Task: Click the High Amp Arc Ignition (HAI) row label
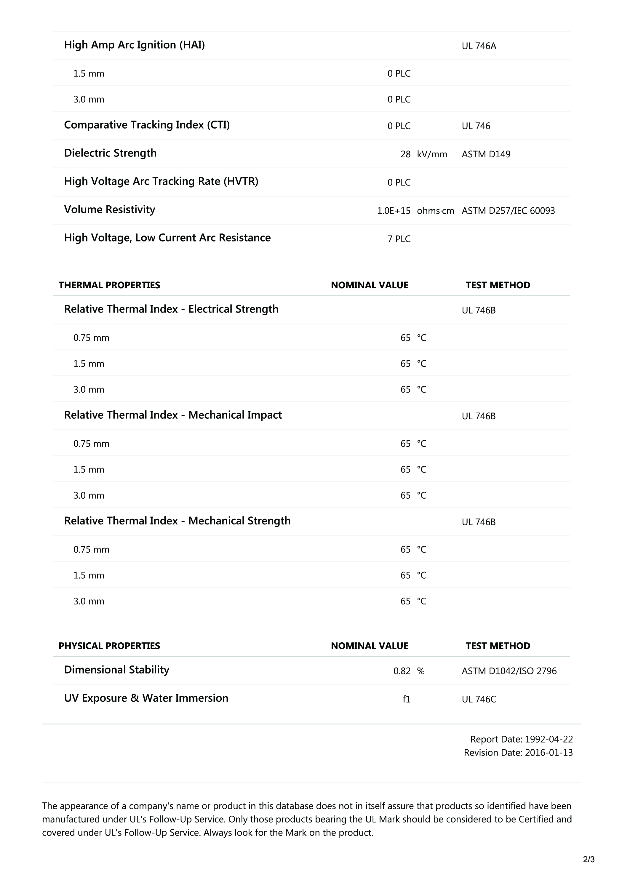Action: (134, 45)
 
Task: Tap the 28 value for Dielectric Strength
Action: (405, 154)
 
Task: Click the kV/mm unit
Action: (432, 154)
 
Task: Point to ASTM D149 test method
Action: (486, 154)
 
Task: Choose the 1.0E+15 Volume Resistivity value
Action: (394, 210)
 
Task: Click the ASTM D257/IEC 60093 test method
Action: (508, 210)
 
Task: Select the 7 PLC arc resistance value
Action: (399, 239)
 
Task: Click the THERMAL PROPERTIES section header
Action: (109, 285)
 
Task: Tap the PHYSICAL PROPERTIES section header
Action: (109, 646)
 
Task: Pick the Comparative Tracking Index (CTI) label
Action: (147, 125)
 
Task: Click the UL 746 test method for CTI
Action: (476, 126)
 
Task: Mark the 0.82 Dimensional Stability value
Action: (402, 671)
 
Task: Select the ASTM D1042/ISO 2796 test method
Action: (509, 671)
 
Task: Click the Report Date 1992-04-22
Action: (521, 739)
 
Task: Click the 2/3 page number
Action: (589, 859)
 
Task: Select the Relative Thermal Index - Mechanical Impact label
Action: (173, 415)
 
